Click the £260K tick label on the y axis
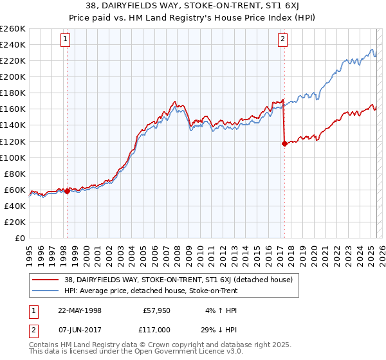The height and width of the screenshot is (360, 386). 13,29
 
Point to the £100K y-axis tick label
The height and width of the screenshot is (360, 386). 13,157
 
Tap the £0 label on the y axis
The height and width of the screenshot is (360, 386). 20,239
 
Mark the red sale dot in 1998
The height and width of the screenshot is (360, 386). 67,191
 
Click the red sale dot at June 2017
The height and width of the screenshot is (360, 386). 284,143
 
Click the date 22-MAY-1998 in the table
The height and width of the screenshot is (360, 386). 80,310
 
